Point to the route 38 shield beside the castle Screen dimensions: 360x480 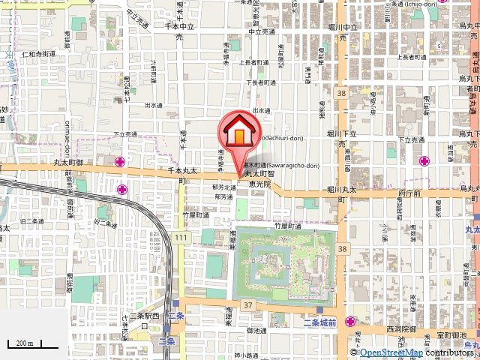[342, 248]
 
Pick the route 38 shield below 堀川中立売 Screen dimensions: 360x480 [341, 93]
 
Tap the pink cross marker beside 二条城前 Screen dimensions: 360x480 [350, 322]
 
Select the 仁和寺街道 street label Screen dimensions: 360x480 [39, 54]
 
